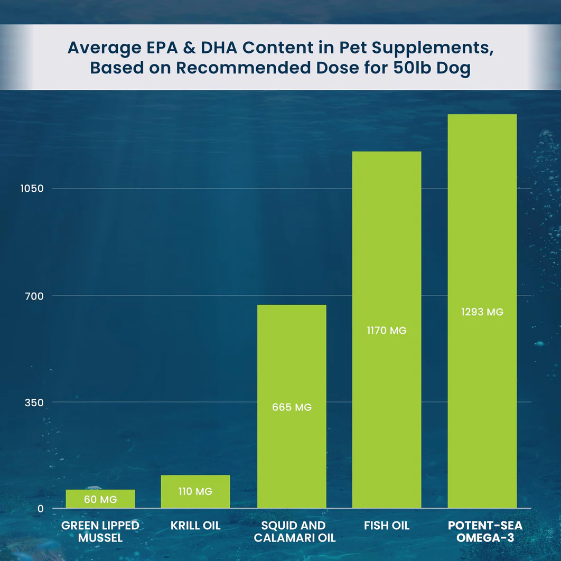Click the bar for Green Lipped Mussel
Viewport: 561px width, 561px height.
(x=100, y=499)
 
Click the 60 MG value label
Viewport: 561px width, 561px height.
(x=100, y=500)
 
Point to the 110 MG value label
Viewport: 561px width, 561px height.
(x=195, y=491)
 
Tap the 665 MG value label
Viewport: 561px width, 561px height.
(x=292, y=407)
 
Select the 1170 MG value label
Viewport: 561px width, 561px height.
(x=387, y=331)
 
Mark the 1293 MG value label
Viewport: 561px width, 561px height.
(x=482, y=312)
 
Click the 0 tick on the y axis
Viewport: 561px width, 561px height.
(x=40, y=509)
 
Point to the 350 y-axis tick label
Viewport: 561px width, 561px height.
(x=33, y=403)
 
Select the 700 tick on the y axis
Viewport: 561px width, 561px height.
(x=33, y=296)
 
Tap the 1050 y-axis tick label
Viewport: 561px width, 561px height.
(x=31, y=189)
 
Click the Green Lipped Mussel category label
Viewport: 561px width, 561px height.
(x=100, y=532)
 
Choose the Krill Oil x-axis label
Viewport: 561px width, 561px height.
(x=195, y=526)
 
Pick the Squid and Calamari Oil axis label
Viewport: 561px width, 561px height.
(x=294, y=532)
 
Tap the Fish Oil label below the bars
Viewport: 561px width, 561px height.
(x=387, y=526)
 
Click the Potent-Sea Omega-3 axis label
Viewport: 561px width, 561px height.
(x=485, y=532)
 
